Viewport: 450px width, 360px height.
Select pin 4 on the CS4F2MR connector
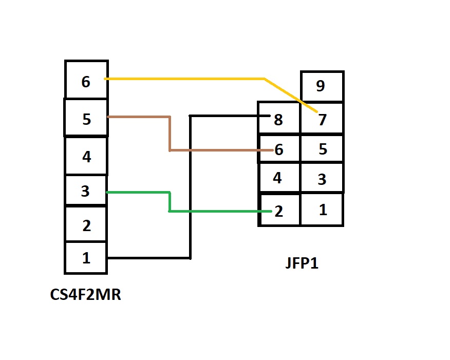[x=86, y=156]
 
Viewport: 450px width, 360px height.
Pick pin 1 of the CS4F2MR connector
[x=86, y=258]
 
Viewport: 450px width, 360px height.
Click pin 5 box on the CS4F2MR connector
[x=86, y=118]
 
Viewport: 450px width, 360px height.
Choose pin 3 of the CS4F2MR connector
[x=86, y=191]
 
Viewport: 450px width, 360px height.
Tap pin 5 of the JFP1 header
[x=322, y=148]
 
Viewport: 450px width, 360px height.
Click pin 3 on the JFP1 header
[x=322, y=178]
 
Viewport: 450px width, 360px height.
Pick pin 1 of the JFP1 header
[x=322, y=210]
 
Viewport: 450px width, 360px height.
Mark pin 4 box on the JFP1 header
[x=279, y=178]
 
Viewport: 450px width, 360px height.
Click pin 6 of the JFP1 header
[x=279, y=148]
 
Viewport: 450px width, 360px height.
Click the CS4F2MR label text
[x=85, y=295]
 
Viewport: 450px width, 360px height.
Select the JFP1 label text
[x=302, y=262]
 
